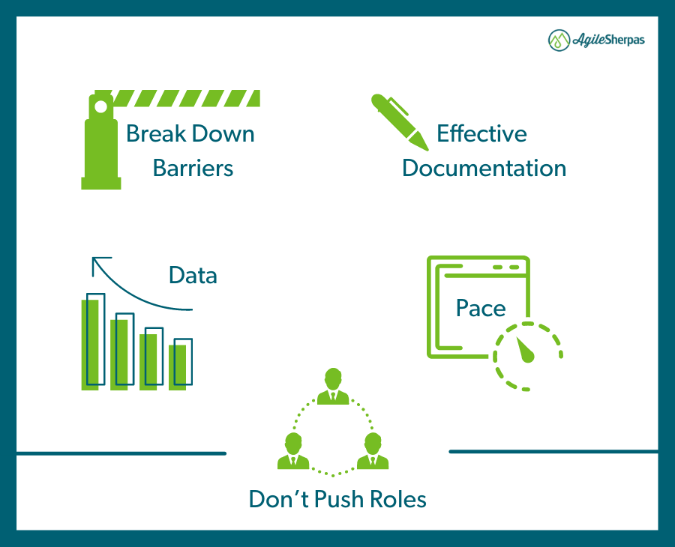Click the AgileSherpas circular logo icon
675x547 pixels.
tap(559, 40)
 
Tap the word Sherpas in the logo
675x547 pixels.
tap(625, 40)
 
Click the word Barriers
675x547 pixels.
tap(193, 168)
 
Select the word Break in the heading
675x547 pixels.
tap(156, 133)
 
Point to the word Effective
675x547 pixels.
tap(481, 133)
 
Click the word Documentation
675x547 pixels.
tap(484, 168)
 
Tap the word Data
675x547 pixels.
tap(193, 275)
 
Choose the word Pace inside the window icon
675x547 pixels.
tap(481, 308)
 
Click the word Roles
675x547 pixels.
tap(398, 500)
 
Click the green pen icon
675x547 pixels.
tap(400, 122)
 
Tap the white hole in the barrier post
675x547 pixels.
tap(100, 106)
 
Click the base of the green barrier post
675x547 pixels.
tap(101, 183)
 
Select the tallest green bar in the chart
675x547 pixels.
tap(90, 345)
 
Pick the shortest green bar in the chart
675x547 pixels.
tap(177, 368)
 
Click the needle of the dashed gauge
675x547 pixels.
tap(525, 350)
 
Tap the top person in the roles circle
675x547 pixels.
tap(333, 386)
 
